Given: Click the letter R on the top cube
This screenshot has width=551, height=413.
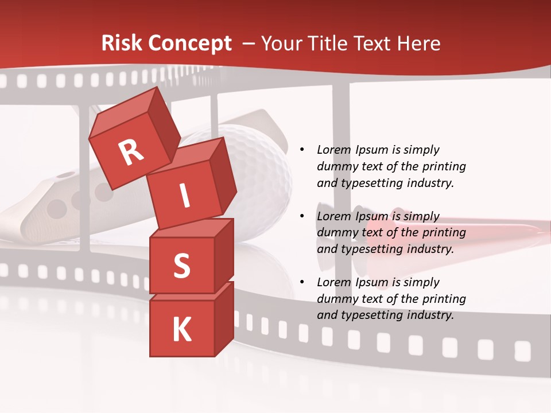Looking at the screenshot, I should coord(131,152).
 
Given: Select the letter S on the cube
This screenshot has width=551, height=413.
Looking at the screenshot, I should coord(181,266).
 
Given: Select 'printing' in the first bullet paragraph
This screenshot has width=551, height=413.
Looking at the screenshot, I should coord(444,166).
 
